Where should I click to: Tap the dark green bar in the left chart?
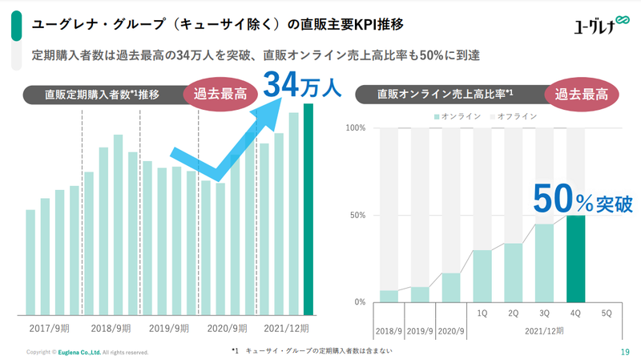point(308,208)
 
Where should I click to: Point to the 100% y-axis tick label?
point(356,128)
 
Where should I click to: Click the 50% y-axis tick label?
point(358,216)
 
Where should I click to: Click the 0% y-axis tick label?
point(361,302)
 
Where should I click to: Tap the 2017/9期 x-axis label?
point(53,329)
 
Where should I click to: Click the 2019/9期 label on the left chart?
point(169,329)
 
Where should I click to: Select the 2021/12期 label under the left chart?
point(286,329)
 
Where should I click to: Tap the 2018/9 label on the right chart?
point(389,330)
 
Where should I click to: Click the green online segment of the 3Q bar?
point(545,262)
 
